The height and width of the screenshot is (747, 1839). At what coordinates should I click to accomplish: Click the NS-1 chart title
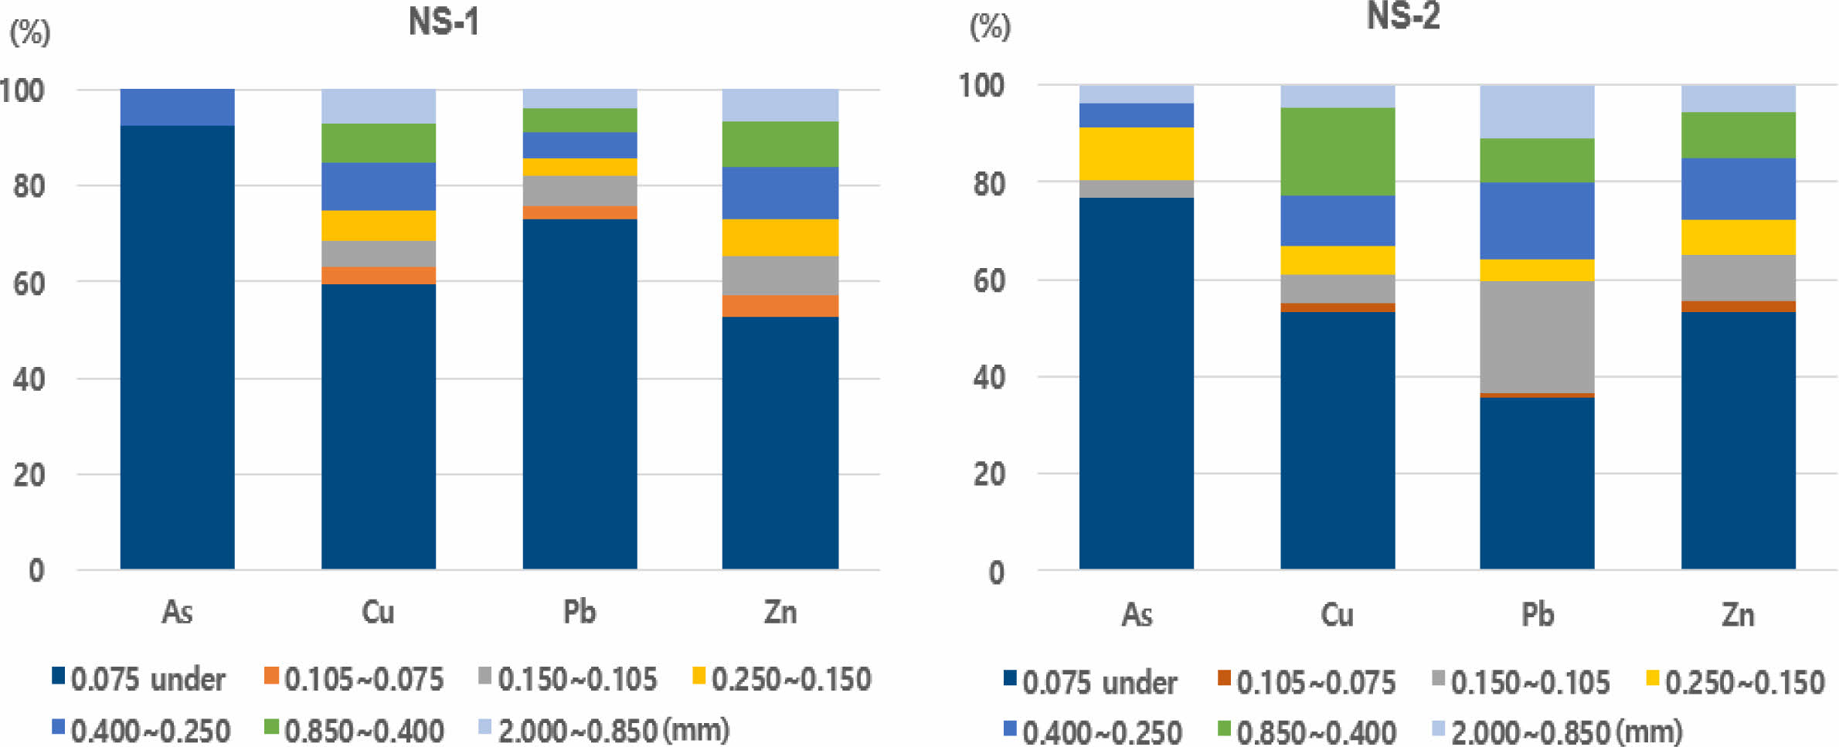(444, 22)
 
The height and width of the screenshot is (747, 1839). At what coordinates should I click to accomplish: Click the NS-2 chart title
(1403, 15)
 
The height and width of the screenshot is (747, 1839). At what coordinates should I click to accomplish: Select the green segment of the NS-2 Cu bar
(1338, 151)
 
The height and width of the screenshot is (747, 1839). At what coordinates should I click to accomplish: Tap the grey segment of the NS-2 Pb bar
(1537, 337)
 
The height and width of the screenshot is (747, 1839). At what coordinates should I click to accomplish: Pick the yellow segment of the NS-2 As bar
(1136, 154)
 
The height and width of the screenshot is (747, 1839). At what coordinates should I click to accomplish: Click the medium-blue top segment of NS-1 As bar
(177, 107)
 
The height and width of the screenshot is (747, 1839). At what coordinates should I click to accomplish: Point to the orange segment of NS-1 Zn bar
(780, 306)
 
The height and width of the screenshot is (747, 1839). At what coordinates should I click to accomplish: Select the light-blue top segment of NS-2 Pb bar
(1537, 112)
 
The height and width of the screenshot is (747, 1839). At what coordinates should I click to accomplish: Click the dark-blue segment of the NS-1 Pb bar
(580, 394)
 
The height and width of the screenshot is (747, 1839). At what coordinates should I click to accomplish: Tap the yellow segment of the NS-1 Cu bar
(379, 226)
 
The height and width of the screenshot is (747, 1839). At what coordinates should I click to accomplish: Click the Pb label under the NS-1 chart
(580, 612)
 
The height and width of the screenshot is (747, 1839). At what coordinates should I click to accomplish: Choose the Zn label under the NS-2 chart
(1738, 615)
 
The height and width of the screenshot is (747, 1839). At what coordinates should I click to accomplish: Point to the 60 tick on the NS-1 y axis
(29, 284)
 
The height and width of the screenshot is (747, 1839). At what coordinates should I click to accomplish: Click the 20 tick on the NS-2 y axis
(989, 474)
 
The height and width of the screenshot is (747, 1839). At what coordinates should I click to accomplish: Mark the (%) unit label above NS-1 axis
(29, 32)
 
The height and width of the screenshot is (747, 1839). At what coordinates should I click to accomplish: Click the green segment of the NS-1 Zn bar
(780, 144)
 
